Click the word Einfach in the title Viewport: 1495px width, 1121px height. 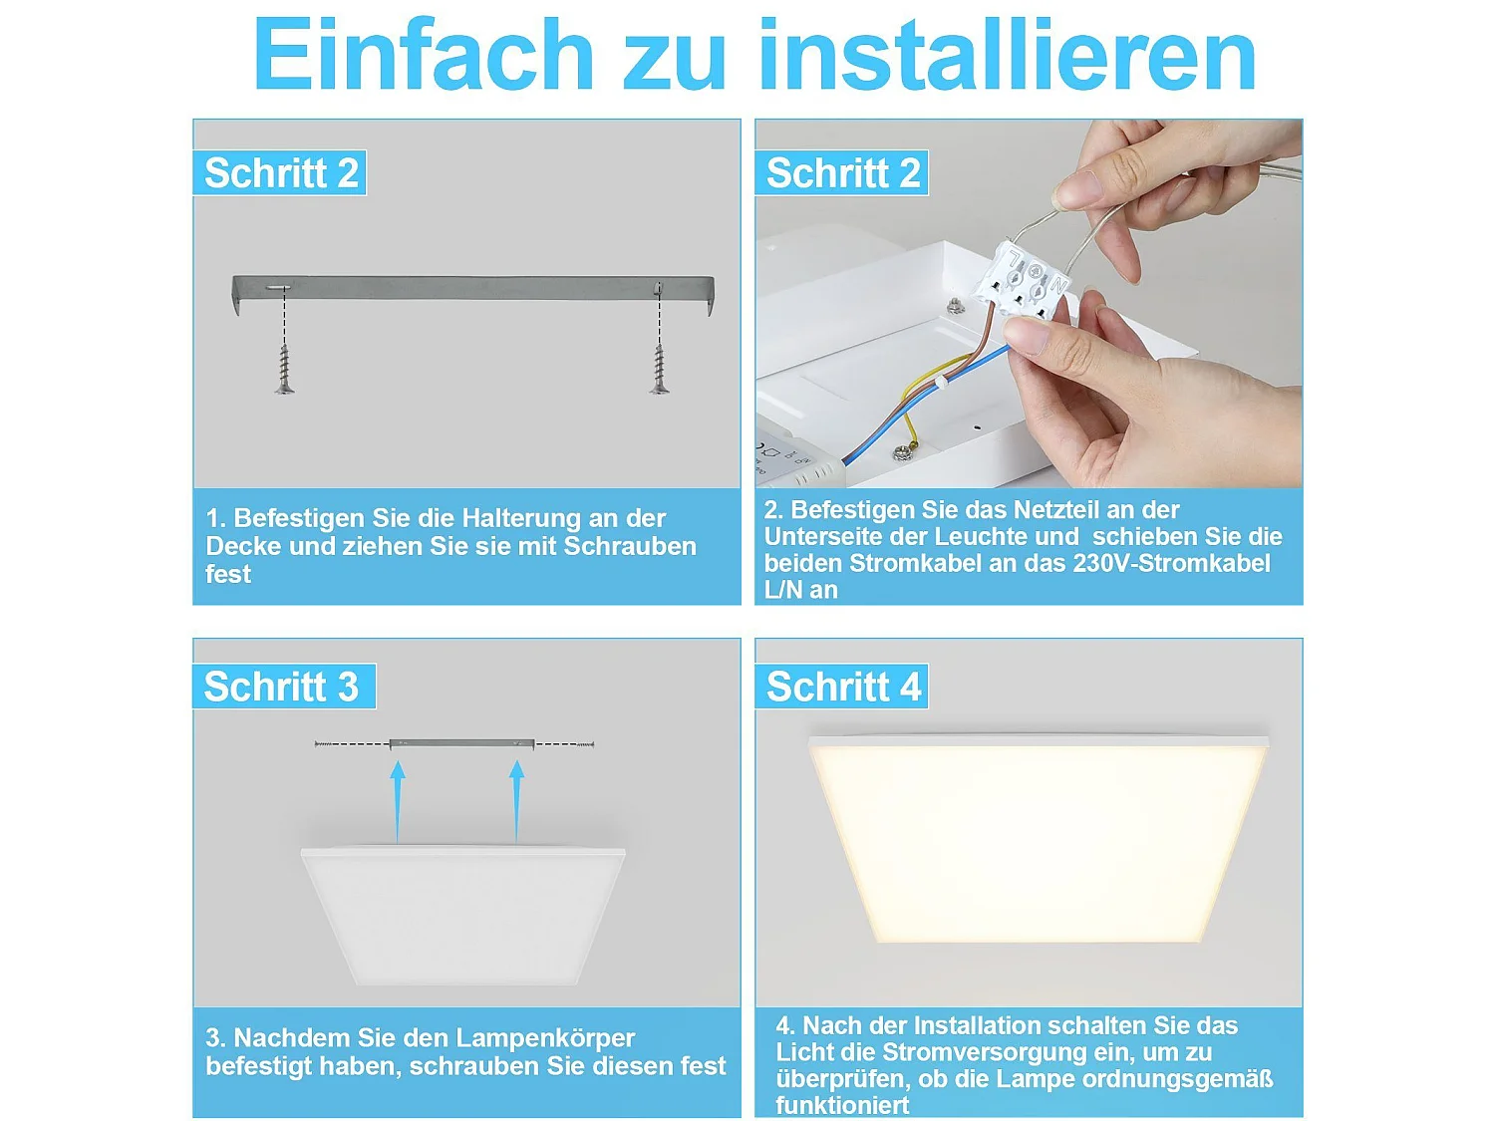(424, 55)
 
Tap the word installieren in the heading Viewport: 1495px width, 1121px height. (1007, 55)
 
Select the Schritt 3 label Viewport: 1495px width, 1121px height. (281, 687)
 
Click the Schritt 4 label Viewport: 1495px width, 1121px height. (843, 687)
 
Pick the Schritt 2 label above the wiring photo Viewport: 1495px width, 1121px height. (843, 173)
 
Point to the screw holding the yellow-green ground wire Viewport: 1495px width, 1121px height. (905, 453)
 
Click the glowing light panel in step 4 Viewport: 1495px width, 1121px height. (1037, 842)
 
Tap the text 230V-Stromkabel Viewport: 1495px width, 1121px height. (1171, 564)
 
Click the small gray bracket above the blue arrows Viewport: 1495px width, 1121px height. (461, 743)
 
